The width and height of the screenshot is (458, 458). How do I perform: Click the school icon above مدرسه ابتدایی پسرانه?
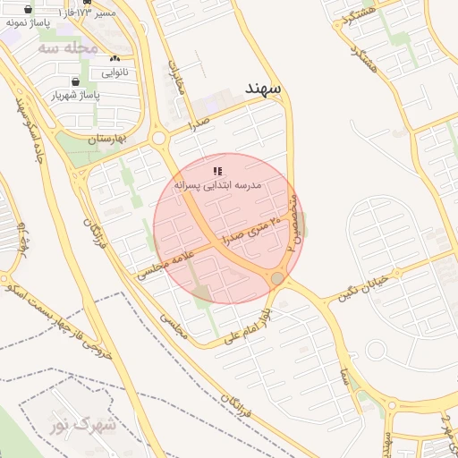click(x=217, y=170)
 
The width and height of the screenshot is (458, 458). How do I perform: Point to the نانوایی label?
click(x=114, y=71)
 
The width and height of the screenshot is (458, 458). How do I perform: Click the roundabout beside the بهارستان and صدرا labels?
click(x=160, y=138)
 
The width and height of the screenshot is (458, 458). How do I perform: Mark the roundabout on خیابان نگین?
click(x=278, y=280)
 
